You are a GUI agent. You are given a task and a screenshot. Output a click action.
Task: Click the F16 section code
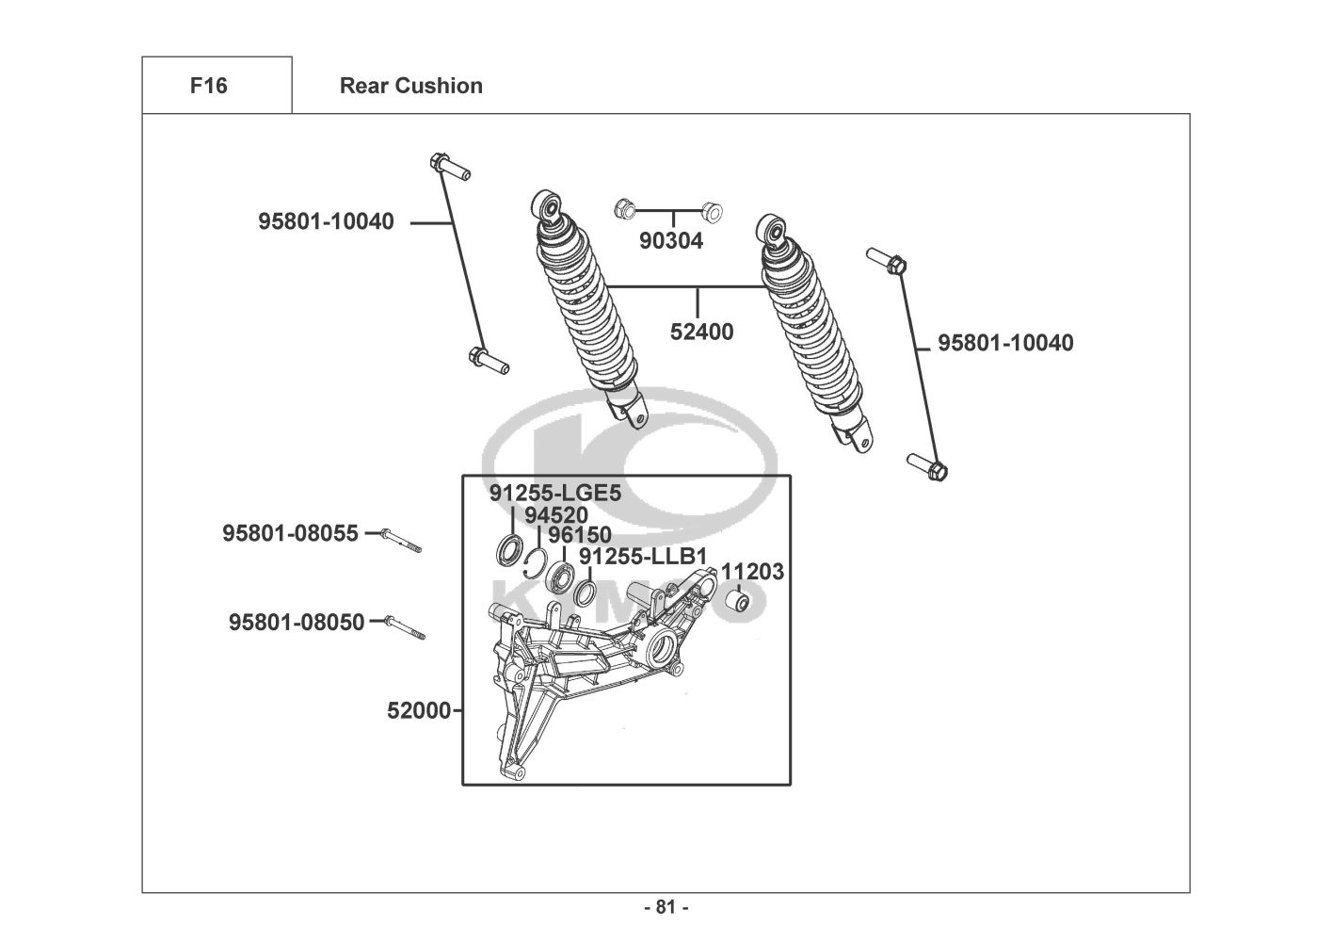[209, 86]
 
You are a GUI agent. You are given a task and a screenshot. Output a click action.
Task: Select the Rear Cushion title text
[411, 86]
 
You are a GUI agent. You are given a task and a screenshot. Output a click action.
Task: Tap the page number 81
[666, 907]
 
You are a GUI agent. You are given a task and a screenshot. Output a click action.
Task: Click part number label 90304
[671, 241]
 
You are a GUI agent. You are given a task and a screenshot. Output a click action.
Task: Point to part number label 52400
[701, 332]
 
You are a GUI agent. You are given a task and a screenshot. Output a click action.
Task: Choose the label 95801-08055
[290, 533]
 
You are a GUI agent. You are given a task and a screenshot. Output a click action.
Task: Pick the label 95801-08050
[297, 623]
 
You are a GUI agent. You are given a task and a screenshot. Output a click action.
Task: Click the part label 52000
[419, 710]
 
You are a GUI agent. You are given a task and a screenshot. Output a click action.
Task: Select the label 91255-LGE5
[555, 493]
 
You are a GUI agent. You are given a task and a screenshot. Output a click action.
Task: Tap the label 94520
[556, 515]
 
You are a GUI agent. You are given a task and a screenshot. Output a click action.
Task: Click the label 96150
[580, 535]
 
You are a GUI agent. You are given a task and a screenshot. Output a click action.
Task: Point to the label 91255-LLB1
[643, 557]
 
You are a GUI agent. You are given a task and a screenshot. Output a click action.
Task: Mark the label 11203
[752, 572]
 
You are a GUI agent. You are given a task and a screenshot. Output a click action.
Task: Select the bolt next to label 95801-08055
[401, 541]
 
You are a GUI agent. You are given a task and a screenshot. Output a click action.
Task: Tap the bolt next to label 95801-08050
[405, 627]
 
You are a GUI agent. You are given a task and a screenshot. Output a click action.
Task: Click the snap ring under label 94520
[537, 563]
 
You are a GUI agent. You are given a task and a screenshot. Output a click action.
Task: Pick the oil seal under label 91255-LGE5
[510, 549]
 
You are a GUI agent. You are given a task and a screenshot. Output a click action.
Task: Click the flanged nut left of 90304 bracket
[624, 208]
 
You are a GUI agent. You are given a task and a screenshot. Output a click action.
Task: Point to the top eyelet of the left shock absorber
[546, 204]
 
